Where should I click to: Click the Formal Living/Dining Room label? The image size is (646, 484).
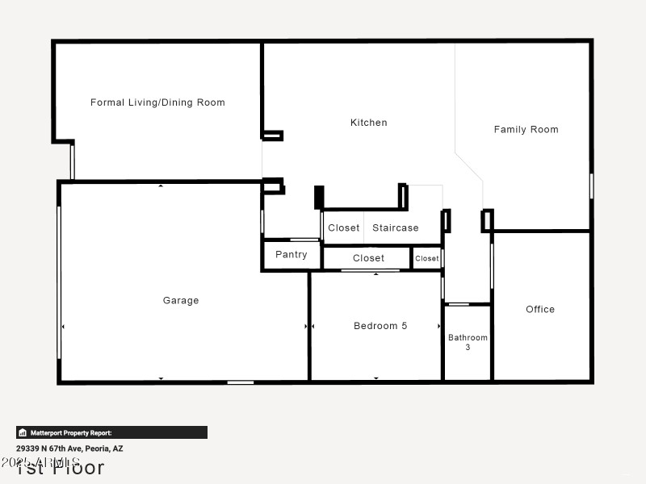click(x=157, y=102)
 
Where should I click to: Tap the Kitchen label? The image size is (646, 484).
click(x=368, y=123)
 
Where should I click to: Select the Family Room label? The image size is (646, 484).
click(x=526, y=129)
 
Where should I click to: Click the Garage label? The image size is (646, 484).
click(x=181, y=300)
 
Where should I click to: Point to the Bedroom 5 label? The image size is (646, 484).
click(x=380, y=326)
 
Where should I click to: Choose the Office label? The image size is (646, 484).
click(x=540, y=309)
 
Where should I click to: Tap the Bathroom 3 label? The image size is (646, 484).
click(x=468, y=342)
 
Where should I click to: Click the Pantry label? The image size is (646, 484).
click(x=291, y=254)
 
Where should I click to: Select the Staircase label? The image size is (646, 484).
click(x=396, y=227)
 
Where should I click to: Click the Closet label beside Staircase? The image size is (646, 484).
click(x=343, y=227)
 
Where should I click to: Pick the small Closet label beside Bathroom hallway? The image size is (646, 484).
click(x=427, y=258)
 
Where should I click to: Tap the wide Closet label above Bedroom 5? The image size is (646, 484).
click(x=368, y=258)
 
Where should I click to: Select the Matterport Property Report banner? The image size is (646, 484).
click(x=111, y=432)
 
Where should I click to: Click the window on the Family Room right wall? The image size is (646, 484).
click(x=591, y=186)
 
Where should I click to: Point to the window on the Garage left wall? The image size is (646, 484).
click(x=59, y=282)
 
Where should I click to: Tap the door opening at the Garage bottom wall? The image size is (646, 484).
click(x=241, y=382)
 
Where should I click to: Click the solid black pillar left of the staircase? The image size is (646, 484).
click(x=319, y=198)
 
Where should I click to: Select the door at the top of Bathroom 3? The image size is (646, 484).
click(x=459, y=304)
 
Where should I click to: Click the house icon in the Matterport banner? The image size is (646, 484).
click(x=23, y=432)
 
